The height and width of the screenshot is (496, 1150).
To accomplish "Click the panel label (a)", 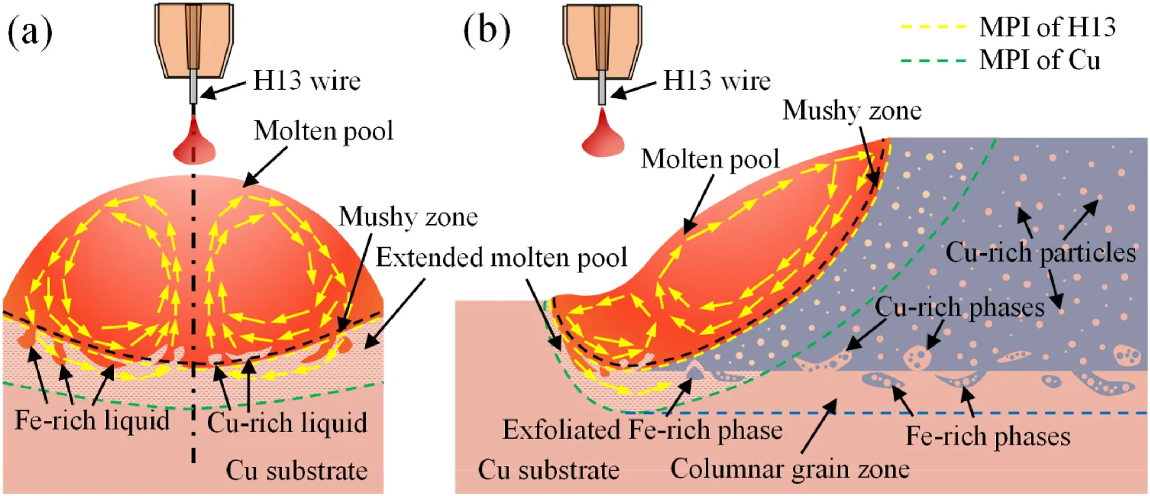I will (x=29, y=32).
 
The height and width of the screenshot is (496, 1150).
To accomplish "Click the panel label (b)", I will (x=487, y=30).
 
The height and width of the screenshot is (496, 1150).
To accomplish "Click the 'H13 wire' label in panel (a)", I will (x=307, y=81).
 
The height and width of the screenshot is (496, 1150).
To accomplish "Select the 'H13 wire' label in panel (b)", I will (x=717, y=81).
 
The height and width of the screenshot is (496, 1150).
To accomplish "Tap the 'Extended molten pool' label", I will (x=501, y=257).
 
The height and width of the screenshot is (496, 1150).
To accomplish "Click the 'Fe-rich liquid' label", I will (x=92, y=420).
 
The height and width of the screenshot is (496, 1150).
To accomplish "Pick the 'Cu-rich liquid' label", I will (x=287, y=423).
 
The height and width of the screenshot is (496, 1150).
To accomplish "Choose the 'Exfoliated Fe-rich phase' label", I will (x=642, y=430).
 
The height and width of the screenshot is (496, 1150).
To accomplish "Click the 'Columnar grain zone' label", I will (x=789, y=469).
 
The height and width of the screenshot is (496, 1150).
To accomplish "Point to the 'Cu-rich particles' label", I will (x=1040, y=252).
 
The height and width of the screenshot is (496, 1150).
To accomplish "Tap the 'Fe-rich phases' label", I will (x=988, y=437).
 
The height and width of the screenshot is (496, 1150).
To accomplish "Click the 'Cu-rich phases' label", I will (x=960, y=307).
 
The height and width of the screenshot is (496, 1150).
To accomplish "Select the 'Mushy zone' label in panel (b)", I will (x=852, y=110).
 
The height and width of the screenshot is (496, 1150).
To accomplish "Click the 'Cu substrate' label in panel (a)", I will (x=296, y=470).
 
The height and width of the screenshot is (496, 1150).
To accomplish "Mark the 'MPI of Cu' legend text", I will (x=1040, y=61).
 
